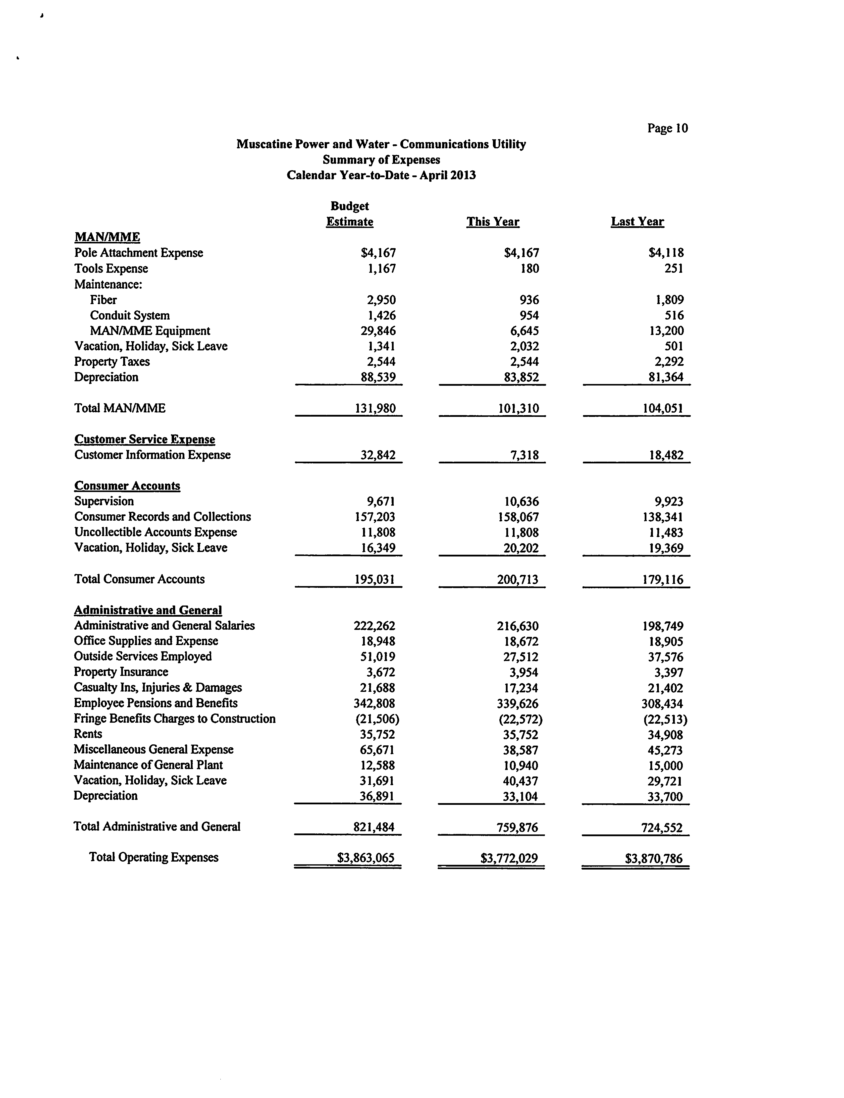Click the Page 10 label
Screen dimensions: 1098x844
pyautogui.click(x=667, y=129)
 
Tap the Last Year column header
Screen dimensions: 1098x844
pyautogui.click(x=637, y=221)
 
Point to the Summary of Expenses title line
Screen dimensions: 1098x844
pyautogui.click(x=381, y=160)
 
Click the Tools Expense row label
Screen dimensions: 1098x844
pyautogui.click(x=111, y=269)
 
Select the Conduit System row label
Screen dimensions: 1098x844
pyautogui.click(x=130, y=316)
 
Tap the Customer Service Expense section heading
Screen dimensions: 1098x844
pyautogui.click(x=145, y=439)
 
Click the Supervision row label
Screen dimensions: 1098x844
pyautogui.click(x=104, y=501)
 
